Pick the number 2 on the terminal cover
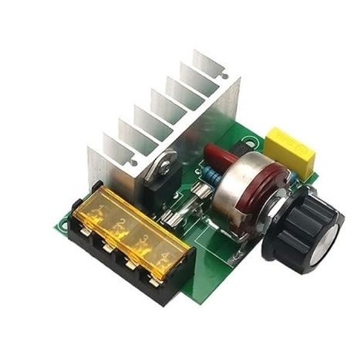coord(121,224)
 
